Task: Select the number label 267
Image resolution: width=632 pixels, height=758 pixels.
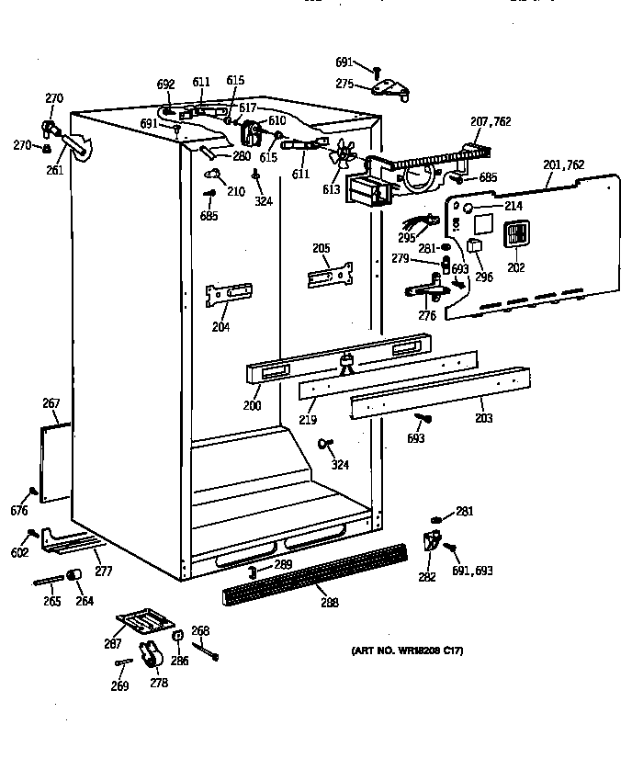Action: point(51,402)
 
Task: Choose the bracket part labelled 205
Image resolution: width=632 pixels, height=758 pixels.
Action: point(330,275)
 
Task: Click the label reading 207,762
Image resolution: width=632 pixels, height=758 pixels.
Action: point(491,121)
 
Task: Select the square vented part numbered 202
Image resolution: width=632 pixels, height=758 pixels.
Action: point(517,235)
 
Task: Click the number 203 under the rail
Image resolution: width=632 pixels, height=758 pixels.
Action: point(483,418)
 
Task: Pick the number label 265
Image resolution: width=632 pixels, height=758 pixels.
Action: point(51,602)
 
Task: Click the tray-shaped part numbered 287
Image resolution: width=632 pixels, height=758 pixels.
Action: point(143,622)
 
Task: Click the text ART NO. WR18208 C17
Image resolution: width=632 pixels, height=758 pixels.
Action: point(407,651)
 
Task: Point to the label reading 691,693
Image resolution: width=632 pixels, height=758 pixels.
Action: point(472,571)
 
